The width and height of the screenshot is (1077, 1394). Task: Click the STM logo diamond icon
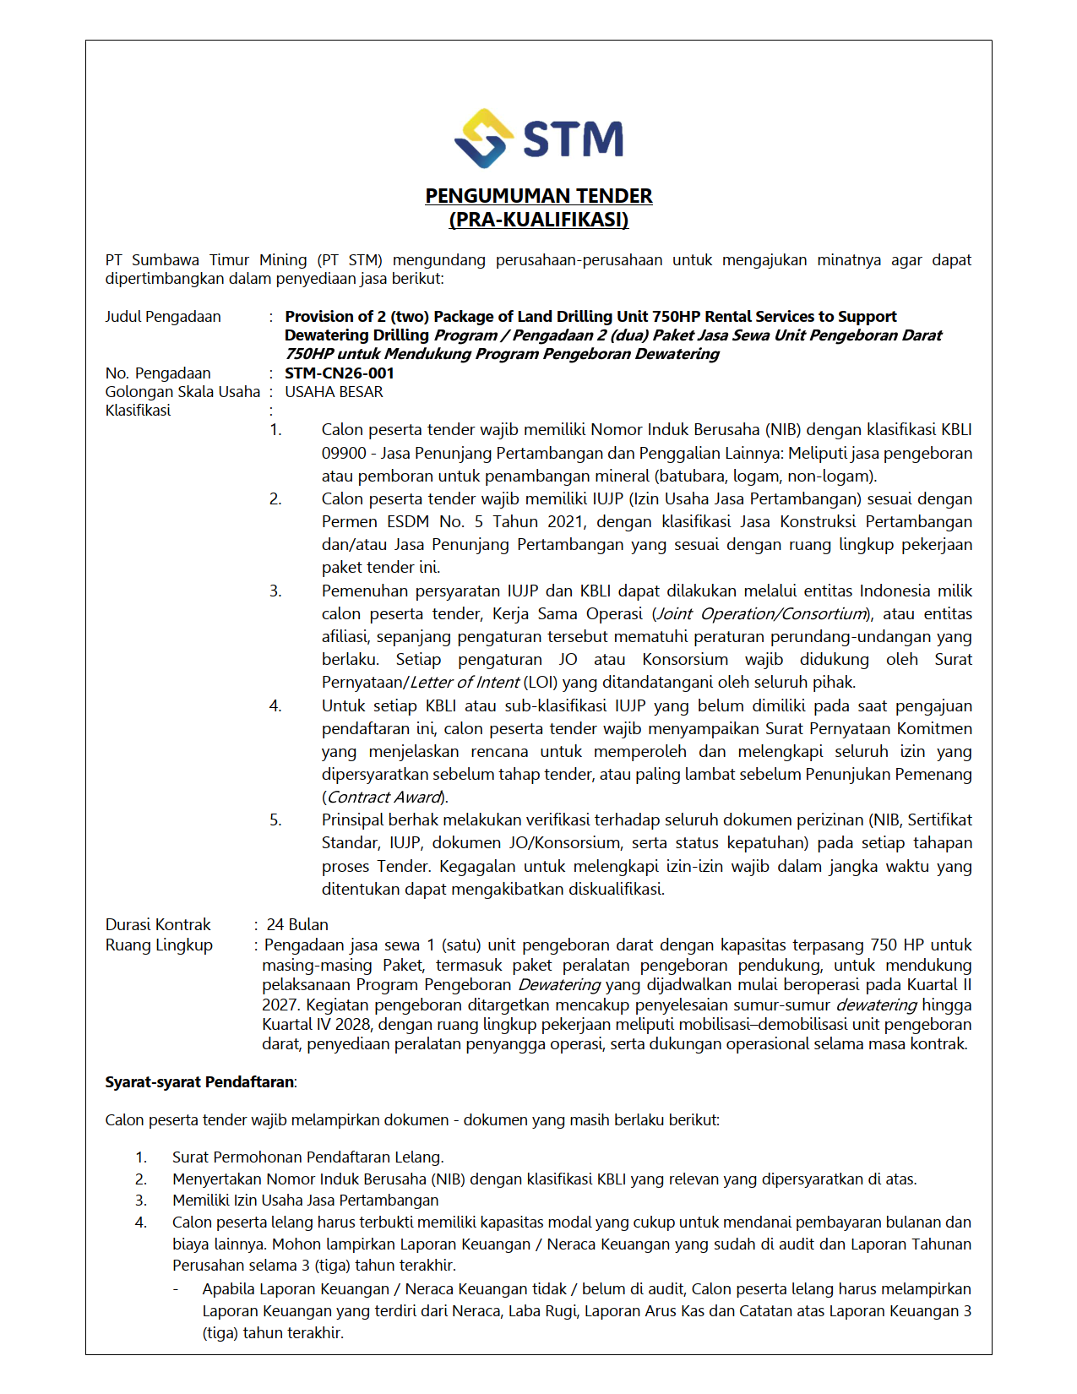pyautogui.click(x=483, y=138)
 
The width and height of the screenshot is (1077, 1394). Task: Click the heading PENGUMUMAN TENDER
pyautogui.click(x=538, y=196)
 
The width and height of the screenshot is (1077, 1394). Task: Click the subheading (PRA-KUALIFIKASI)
pyautogui.click(x=538, y=220)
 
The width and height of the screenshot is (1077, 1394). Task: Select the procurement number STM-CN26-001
pyautogui.click(x=340, y=373)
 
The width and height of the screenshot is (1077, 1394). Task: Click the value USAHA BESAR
pyautogui.click(x=334, y=392)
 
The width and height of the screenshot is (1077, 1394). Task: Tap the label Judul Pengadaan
pyautogui.click(x=163, y=317)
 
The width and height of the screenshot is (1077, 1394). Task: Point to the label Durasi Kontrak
pyautogui.click(x=158, y=924)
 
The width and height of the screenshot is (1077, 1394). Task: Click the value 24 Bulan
pyautogui.click(x=297, y=924)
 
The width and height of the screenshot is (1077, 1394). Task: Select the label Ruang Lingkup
pyautogui.click(x=159, y=945)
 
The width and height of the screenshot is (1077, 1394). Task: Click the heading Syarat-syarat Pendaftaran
pyautogui.click(x=199, y=1082)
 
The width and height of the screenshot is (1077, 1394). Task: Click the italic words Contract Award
pyautogui.click(x=384, y=798)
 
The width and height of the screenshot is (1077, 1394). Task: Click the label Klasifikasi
pyautogui.click(x=138, y=411)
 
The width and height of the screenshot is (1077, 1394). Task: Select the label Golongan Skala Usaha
pyautogui.click(x=182, y=392)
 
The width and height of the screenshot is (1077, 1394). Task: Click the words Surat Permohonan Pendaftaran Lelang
pyautogui.click(x=307, y=1157)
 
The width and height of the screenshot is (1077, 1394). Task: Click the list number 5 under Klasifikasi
pyautogui.click(x=275, y=820)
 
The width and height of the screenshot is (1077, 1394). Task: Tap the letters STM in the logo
pyautogui.click(x=574, y=139)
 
